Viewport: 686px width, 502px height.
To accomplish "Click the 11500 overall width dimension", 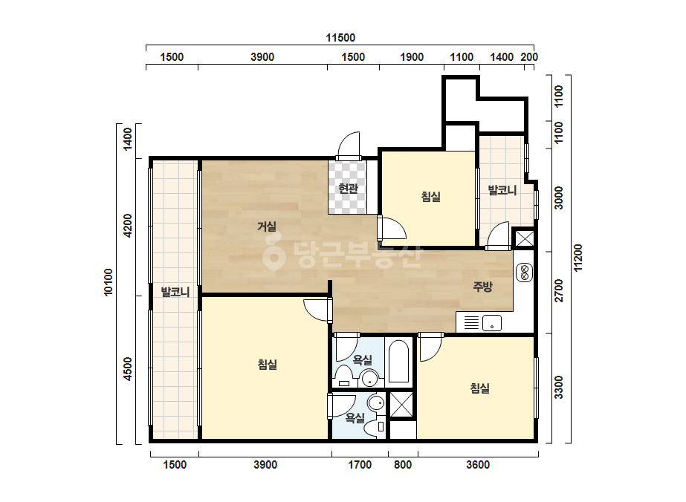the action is tap(340, 38).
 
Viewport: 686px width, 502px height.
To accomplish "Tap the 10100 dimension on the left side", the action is tap(109, 282).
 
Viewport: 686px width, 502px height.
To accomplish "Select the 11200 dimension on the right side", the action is tap(578, 258).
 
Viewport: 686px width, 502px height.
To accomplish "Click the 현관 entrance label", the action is tap(349, 189).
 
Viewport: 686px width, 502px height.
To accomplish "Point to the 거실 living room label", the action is tap(266, 226).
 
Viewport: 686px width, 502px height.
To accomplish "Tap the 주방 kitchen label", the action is tap(482, 287).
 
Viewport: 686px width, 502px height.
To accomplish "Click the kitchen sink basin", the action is tap(492, 323).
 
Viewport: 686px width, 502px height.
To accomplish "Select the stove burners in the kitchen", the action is tap(524, 273).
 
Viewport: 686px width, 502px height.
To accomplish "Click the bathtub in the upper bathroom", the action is tap(398, 361).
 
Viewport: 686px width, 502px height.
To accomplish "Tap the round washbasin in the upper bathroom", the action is tap(370, 378).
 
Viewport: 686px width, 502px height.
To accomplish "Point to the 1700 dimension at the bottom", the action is tap(360, 464).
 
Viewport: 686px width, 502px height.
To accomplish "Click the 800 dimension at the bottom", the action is tap(403, 464).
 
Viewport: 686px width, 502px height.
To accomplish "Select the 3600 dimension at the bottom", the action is tap(478, 464).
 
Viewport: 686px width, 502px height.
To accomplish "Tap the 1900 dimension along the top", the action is tap(412, 57).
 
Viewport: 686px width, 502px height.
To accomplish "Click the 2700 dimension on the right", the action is tap(559, 290).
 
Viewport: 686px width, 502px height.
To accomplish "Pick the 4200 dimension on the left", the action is tap(127, 225).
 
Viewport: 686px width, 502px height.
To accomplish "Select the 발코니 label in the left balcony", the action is tap(175, 292).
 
